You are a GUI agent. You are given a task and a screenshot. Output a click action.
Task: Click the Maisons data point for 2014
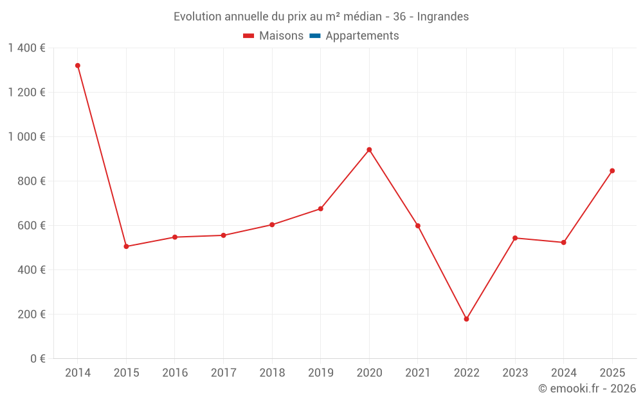78,66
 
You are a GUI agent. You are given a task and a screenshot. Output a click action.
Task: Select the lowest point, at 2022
466,319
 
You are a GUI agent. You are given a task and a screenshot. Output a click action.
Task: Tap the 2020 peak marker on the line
369,150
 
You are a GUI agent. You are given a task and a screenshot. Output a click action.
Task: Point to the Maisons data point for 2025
612,171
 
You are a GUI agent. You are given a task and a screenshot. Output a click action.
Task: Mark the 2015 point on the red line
126,246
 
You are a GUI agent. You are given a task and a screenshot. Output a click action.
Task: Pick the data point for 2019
320,208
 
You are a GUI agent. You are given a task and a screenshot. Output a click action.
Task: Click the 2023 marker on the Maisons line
515,238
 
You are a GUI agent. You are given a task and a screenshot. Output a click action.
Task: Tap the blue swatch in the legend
314,36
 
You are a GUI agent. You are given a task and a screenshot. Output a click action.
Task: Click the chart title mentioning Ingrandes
321,17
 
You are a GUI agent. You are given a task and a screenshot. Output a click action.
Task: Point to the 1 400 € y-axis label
26,48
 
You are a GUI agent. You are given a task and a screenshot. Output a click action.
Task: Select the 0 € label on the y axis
37,359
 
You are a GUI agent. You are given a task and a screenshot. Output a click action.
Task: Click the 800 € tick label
32,181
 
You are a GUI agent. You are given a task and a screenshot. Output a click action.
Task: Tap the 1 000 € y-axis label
26,137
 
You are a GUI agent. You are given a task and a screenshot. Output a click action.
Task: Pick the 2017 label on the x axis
223,373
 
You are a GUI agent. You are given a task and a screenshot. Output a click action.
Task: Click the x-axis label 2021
417,373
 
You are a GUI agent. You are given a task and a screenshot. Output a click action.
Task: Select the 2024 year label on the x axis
563,373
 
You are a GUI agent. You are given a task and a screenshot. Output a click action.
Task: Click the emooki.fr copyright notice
586,388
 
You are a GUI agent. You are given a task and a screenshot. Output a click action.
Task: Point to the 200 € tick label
32,315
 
